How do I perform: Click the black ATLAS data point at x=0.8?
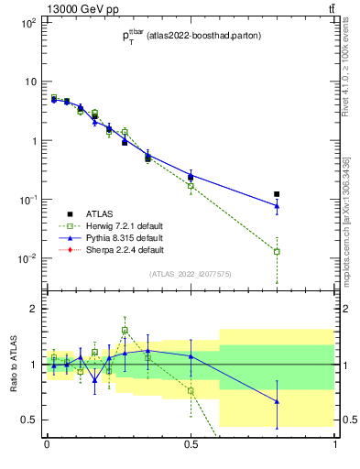coord(277,194)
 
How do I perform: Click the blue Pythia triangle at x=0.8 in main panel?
coord(277,206)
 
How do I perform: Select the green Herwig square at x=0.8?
coord(277,251)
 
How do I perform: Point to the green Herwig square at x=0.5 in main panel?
coord(191,185)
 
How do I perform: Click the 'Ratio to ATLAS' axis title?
coord(12,365)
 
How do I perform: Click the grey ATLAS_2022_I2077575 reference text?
coord(191,274)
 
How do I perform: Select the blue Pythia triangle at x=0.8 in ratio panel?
coord(277,401)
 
